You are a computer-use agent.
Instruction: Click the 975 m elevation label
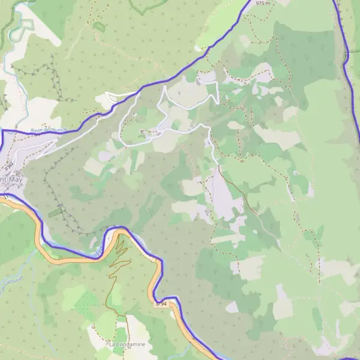(263, 3)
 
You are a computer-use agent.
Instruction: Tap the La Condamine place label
(127, 344)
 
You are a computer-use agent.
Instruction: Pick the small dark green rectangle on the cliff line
(55, 212)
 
